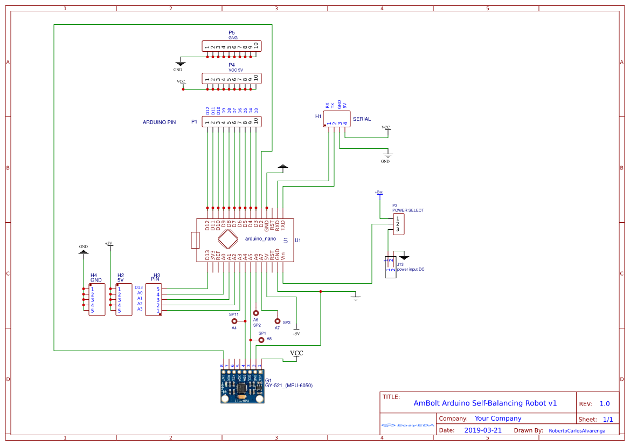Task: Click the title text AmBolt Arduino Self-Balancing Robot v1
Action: pyautogui.click(x=485, y=403)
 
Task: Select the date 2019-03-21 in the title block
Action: pyautogui.click(x=483, y=430)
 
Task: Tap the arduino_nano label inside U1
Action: pyautogui.click(x=260, y=238)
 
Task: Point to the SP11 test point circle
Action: pyautogui.click(x=234, y=321)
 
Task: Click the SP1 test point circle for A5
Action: pyautogui.click(x=261, y=340)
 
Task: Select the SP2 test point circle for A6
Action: pyautogui.click(x=256, y=313)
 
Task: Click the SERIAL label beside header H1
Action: pyautogui.click(x=362, y=119)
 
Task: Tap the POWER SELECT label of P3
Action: pyautogui.click(x=408, y=210)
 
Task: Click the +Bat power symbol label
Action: pyautogui.click(x=379, y=192)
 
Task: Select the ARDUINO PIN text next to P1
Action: pyautogui.click(x=159, y=122)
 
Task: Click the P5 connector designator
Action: pyautogui.click(x=232, y=33)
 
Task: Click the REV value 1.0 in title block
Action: pyautogui.click(x=605, y=404)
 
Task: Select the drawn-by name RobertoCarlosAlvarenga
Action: pyautogui.click(x=577, y=431)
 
